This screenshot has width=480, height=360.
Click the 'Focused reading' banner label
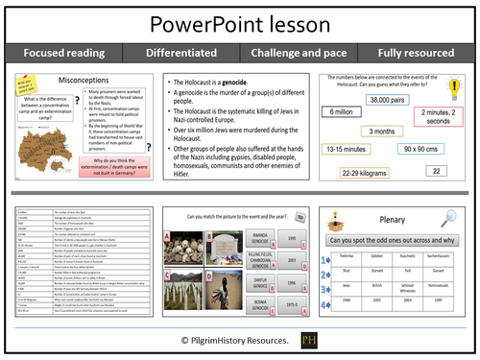pyautogui.click(x=60, y=53)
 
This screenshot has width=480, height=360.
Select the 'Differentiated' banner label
pyautogui.click(x=180, y=53)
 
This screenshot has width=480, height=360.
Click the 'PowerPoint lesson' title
pyautogui.click(x=239, y=21)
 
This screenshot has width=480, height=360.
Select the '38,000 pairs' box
pyautogui.click(x=392, y=100)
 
